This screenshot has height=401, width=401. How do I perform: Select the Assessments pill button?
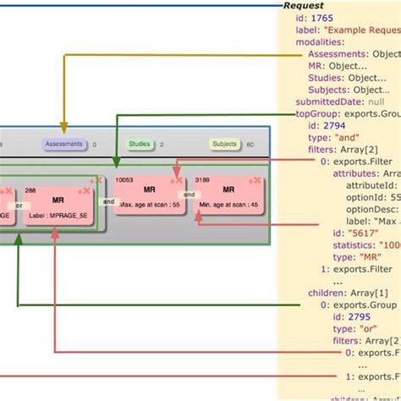pos(64,145)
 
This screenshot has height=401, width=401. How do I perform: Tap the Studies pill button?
pos(140,145)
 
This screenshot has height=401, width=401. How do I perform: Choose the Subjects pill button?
pos(224,145)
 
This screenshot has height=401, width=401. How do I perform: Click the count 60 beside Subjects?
pos(250,145)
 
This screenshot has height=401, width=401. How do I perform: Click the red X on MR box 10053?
pos(178,181)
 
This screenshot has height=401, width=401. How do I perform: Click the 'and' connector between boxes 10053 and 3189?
pos(190,195)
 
